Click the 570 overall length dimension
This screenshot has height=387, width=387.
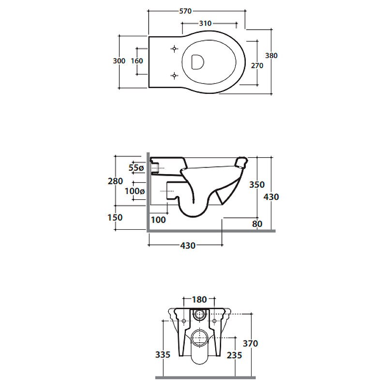185,11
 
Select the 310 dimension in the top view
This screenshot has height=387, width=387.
205,23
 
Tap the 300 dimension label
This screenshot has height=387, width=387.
119,61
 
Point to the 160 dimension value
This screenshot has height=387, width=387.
137,61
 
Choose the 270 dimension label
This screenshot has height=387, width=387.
257,66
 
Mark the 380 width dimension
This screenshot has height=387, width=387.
271,56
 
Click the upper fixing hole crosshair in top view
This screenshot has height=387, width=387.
175,49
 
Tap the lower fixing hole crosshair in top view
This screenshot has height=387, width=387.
175,75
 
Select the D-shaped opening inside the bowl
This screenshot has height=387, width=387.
197,62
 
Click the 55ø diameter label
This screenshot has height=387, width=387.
136,168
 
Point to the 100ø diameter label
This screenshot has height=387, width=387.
135,191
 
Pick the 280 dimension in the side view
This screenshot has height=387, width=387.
115,181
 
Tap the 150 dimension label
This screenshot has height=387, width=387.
115,217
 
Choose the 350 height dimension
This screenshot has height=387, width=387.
257,185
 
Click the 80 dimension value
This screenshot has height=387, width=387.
257,224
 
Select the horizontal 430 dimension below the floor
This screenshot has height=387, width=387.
188,246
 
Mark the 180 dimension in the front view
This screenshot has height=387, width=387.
199,299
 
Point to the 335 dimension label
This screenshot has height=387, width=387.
163,355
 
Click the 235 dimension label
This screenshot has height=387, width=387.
235,355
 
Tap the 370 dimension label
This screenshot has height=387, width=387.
250,343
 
